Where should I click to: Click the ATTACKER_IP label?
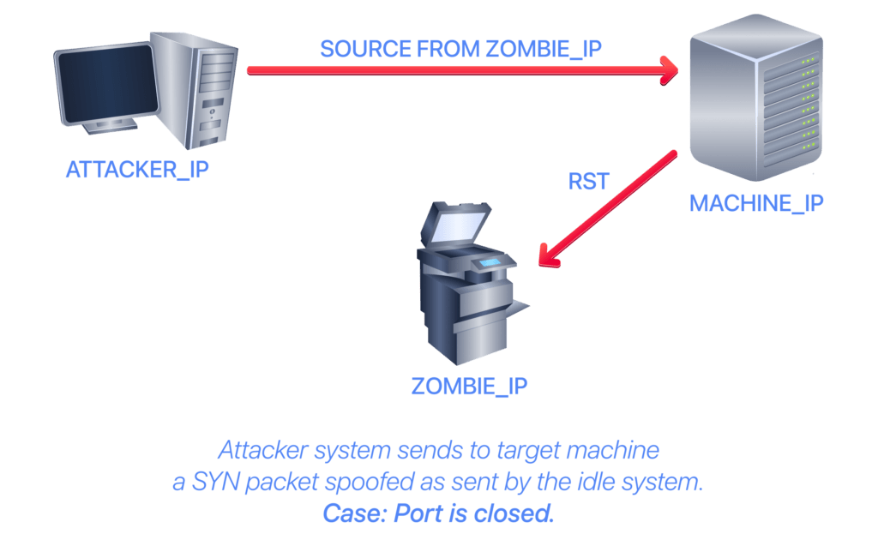(137, 170)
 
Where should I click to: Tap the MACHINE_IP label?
(756, 203)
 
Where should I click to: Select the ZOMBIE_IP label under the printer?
(469, 387)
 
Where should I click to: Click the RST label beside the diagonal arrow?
(588, 182)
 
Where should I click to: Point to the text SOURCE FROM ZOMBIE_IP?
(460, 49)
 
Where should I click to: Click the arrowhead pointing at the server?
(669, 70)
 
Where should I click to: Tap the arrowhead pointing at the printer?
(548, 256)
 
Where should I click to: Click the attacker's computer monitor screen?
(107, 84)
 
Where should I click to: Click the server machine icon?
(756, 98)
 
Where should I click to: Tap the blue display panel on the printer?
(490, 262)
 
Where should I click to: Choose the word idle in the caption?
(598, 482)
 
